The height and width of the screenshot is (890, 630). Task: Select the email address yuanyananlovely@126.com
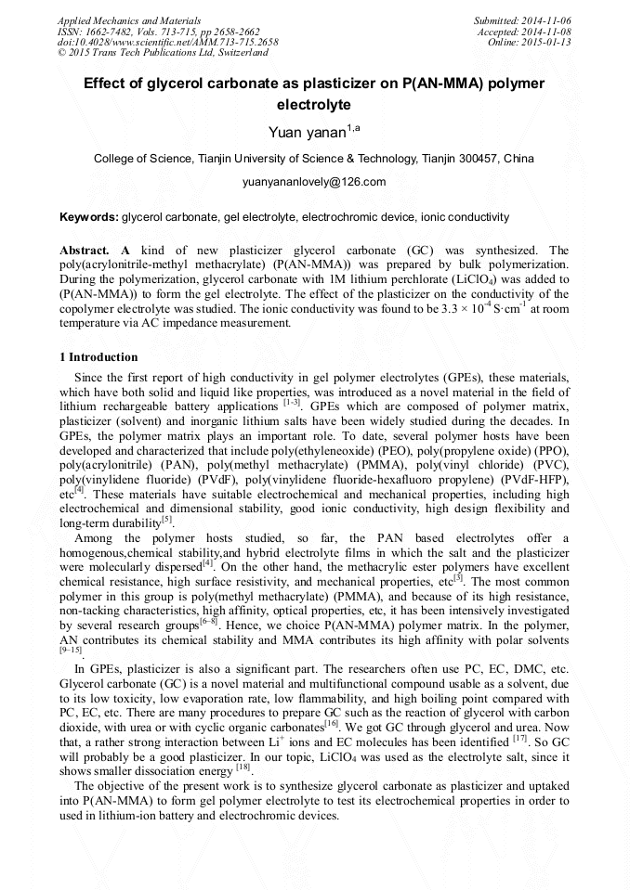[x=314, y=182]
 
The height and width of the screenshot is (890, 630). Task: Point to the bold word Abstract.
[x=85, y=251]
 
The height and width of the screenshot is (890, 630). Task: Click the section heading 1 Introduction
[x=98, y=357]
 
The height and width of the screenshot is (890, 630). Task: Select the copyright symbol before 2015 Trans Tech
[x=61, y=53]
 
